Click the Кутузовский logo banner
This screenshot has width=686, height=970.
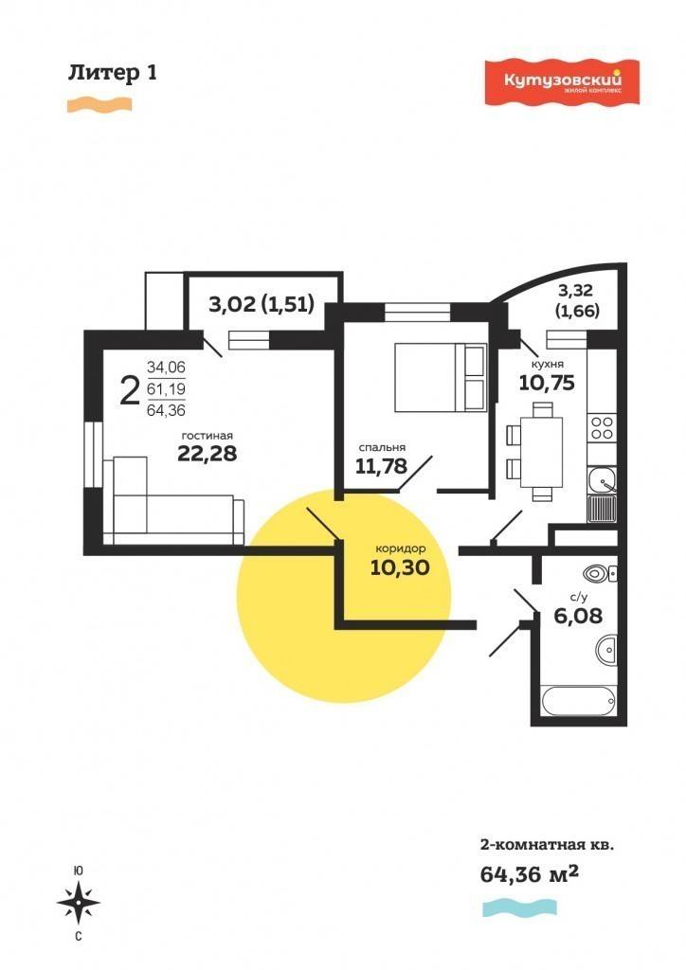[x=562, y=81]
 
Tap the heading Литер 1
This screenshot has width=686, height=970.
[x=113, y=73]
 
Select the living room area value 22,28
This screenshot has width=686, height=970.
[x=208, y=454]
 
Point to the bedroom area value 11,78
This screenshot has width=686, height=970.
[x=382, y=465]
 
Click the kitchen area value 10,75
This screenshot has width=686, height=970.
[x=547, y=383]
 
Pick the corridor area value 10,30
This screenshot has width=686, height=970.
[x=400, y=567]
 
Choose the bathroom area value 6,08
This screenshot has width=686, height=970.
[x=578, y=616]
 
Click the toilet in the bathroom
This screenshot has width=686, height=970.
[x=600, y=573]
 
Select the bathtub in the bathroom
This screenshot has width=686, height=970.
[x=579, y=701]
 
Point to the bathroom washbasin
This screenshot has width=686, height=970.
[x=606, y=650]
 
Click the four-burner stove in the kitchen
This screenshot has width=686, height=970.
[x=602, y=428]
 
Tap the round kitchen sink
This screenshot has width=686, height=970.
[x=601, y=479]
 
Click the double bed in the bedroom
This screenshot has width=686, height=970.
[x=442, y=377]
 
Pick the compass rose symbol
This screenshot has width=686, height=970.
[x=79, y=903]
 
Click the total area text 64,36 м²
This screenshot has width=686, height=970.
[x=530, y=874]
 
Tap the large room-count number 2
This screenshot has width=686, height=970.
[x=129, y=390]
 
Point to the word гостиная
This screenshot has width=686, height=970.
[x=208, y=436]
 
